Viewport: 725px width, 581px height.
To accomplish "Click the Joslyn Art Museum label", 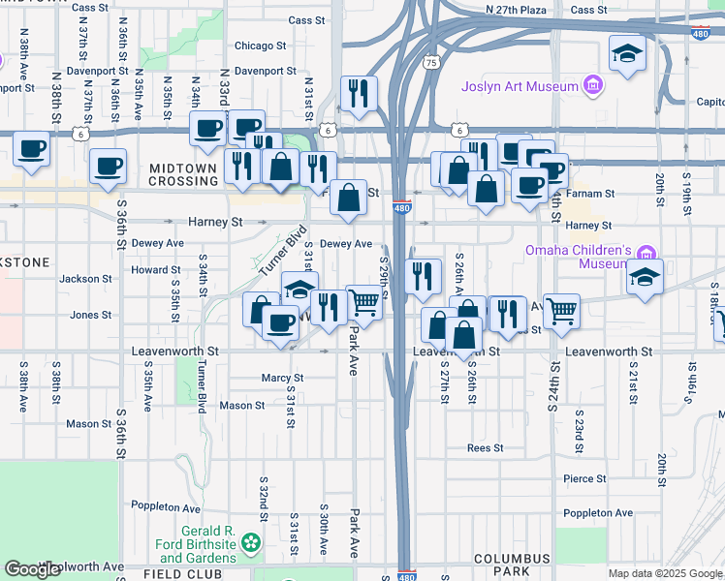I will click(x=520, y=86).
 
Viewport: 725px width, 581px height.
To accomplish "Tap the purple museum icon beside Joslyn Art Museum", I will click(x=592, y=87).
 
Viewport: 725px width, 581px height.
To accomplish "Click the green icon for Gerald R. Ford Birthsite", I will click(x=252, y=543).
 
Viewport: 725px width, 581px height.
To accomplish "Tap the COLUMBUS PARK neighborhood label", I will click(x=513, y=566).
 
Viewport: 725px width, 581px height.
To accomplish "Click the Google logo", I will click(x=33, y=569).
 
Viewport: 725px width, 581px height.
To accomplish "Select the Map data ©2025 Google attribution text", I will click(x=665, y=573).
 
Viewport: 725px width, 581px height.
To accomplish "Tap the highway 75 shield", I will click(x=430, y=61).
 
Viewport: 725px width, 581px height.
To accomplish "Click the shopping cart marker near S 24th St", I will click(x=561, y=311).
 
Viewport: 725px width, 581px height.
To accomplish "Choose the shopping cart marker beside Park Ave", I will click(x=363, y=302).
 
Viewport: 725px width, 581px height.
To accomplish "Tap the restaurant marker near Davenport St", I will click(x=359, y=93).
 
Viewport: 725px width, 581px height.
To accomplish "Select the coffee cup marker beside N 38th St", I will click(x=32, y=149).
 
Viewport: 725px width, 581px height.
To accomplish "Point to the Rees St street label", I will click(x=485, y=447).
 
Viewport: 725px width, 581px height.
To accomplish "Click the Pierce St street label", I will click(x=584, y=478).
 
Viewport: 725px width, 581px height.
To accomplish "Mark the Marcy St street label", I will click(x=282, y=378).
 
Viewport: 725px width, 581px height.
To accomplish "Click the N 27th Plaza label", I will click(x=517, y=9).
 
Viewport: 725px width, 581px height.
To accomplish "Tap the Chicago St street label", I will click(x=260, y=46).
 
